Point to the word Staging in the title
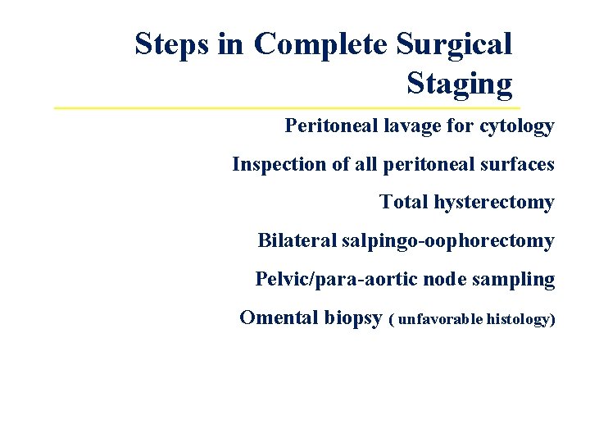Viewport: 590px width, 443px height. [x=459, y=84]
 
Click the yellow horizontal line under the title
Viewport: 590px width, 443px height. [x=287, y=108]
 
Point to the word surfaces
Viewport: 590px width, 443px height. [x=520, y=164]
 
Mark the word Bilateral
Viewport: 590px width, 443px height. [x=297, y=240]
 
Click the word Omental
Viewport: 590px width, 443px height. [x=278, y=317]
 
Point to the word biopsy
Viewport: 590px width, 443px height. [x=352, y=318]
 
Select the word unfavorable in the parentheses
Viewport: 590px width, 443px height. [x=440, y=318]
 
